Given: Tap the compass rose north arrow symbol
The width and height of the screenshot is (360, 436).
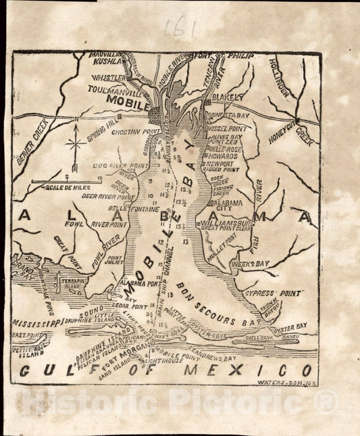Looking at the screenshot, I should tap(76, 143).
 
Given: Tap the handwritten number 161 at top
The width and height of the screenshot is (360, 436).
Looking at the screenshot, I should tap(179, 28).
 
